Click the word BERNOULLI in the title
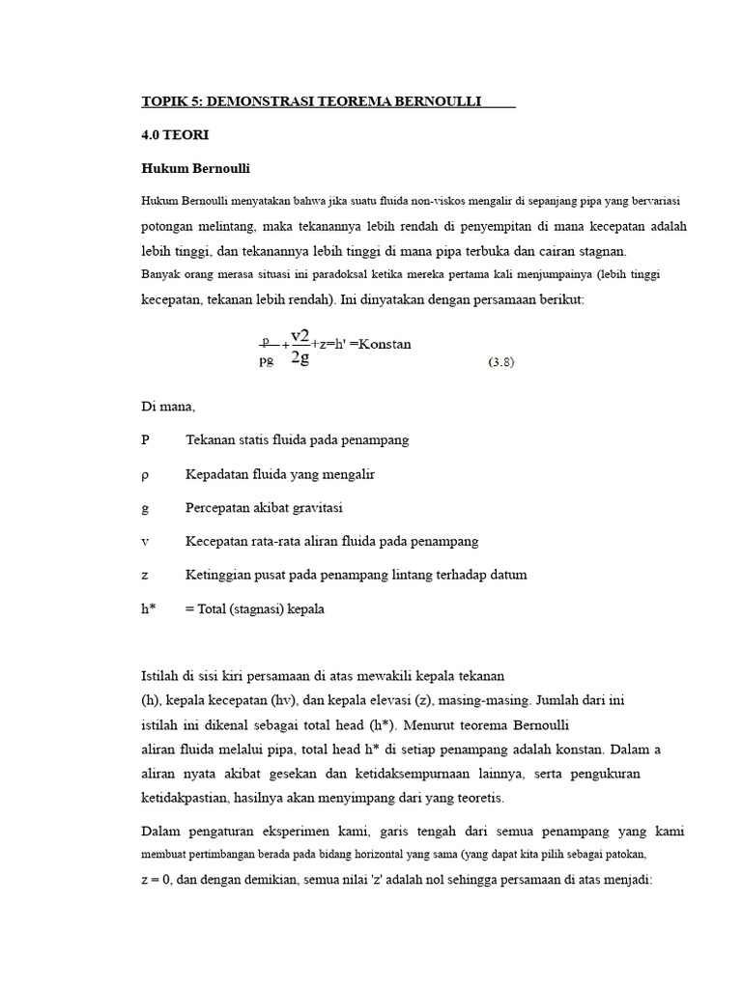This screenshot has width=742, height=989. coord(426,101)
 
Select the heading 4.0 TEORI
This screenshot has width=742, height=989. coord(175,135)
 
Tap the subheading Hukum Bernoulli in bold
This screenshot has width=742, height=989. coord(196,169)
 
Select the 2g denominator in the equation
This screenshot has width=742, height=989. coord(299,359)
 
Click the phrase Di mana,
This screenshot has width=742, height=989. coord(168,407)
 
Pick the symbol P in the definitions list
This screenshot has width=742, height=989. coord(146,439)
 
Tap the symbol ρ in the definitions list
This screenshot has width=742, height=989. coord(145,474)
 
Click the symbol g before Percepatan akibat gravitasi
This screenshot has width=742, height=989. coord(145,508)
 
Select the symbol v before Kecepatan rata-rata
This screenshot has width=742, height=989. coord(145,541)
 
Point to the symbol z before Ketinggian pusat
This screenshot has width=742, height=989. coord(145,575)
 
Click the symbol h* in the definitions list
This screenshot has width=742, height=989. coord(149,608)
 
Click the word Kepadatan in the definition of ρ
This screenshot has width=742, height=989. coord(217,474)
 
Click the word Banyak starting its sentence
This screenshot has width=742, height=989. coord(162,275)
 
